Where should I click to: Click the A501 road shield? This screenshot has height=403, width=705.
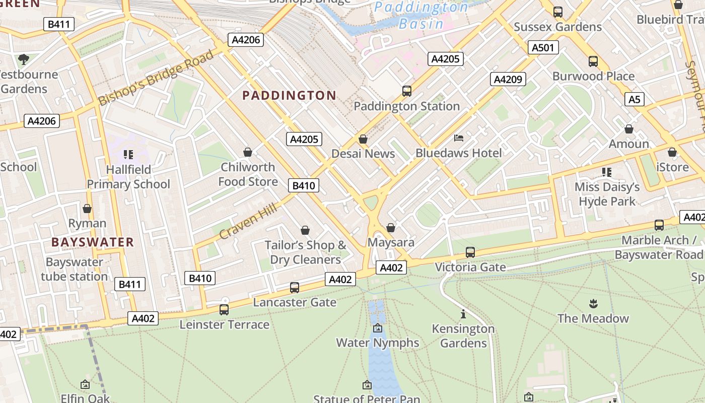(x=543, y=48)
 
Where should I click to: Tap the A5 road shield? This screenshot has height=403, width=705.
(x=634, y=99)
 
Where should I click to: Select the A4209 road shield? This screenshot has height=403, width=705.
(x=508, y=79)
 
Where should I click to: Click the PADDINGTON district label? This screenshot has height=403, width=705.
(x=289, y=95)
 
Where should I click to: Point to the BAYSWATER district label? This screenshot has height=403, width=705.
(x=93, y=242)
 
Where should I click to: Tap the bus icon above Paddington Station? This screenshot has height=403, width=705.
(x=407, y=91)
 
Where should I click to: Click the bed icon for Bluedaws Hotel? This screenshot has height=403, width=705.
(x=459, y=138)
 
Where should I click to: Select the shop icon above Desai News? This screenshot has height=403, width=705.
(x=363, y=139)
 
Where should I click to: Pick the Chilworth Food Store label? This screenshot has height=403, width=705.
(x=248, y=174)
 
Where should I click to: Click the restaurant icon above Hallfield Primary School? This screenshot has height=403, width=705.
(x=128, y=155)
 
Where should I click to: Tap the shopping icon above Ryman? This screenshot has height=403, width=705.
(x=87, y=209)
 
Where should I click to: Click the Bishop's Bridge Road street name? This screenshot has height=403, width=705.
(x=156, y=78)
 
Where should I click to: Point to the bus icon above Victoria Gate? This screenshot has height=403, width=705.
(x=470, y=252)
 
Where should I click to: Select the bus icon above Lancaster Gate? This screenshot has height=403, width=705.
(x=295, y=288)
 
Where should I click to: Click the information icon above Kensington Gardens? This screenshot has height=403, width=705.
(x=463, y=314)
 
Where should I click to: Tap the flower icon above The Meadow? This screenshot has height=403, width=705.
(x=593, y=303)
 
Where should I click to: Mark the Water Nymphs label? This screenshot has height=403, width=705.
(x=377, y=343)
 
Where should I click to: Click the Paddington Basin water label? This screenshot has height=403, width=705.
(x=421, y=15)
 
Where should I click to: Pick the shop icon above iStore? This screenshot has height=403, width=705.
(x=672, y=152)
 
